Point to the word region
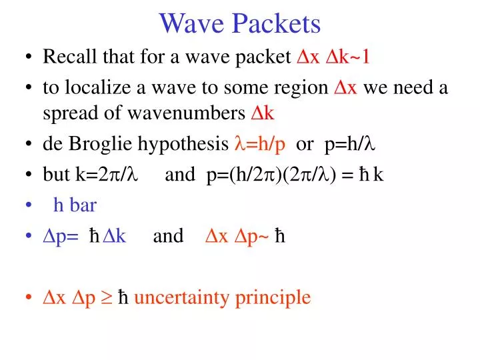(x=303, y=89)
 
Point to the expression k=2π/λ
(x=107, y=174)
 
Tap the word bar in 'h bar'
(x=83, y=205)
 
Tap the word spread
(x=65, y=113)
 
